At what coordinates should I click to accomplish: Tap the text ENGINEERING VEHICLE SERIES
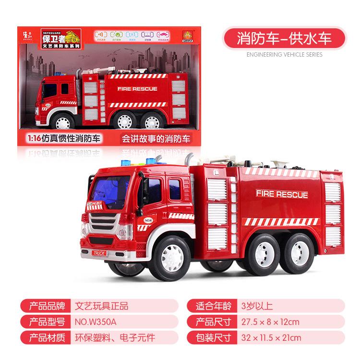tap(284, 55)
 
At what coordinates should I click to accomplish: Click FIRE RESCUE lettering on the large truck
tap(282, 194)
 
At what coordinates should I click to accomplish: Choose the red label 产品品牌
tap(47, 306)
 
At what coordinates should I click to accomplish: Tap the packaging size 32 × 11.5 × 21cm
tap(271, 338)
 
